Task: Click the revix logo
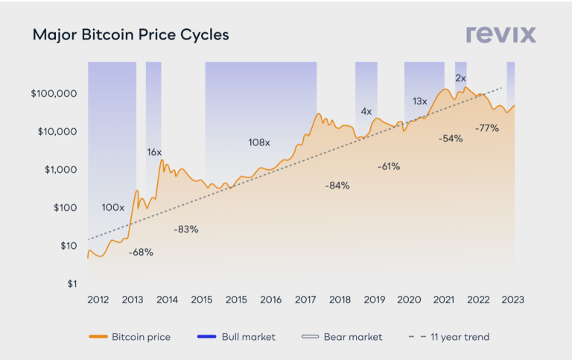pos(500,34)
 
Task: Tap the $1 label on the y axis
pos(72,284)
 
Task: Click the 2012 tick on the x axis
pos(98,300)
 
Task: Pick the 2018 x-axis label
pos(340,300)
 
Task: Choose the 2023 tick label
pos(512,300)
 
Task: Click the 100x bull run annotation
pos(112,207)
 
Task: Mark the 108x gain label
pos(259,142)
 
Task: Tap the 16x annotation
pos(154,152)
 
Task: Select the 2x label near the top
pos(460,78)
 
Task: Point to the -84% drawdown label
pos(337,186)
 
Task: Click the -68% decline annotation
pos(140,253)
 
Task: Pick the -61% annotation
pos(388,166)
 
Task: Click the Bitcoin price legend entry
pos(130,337)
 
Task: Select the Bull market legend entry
pos(237,337)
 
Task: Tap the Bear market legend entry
pos(342,337)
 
